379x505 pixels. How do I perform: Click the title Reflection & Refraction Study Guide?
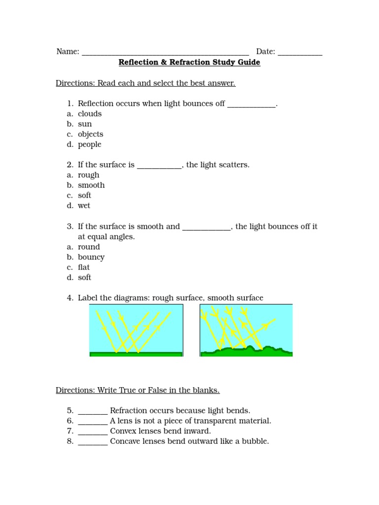[189, 63]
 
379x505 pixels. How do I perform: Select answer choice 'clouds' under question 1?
[89, 114]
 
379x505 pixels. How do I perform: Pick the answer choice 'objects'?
[90, 134]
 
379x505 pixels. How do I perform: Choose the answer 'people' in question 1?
[89, 144]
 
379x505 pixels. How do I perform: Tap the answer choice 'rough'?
[88, 175]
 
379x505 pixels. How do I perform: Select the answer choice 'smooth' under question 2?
[91, 185]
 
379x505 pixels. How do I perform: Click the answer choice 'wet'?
[84, 206]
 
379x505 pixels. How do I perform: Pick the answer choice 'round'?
[89, 247]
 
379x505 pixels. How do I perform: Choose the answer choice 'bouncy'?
[91, 257]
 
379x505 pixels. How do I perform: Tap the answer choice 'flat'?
[84, 267]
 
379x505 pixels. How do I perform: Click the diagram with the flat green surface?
[136, 330]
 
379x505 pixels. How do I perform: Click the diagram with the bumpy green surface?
[246, 330]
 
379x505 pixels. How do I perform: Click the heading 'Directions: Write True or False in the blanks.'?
[138, 390]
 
